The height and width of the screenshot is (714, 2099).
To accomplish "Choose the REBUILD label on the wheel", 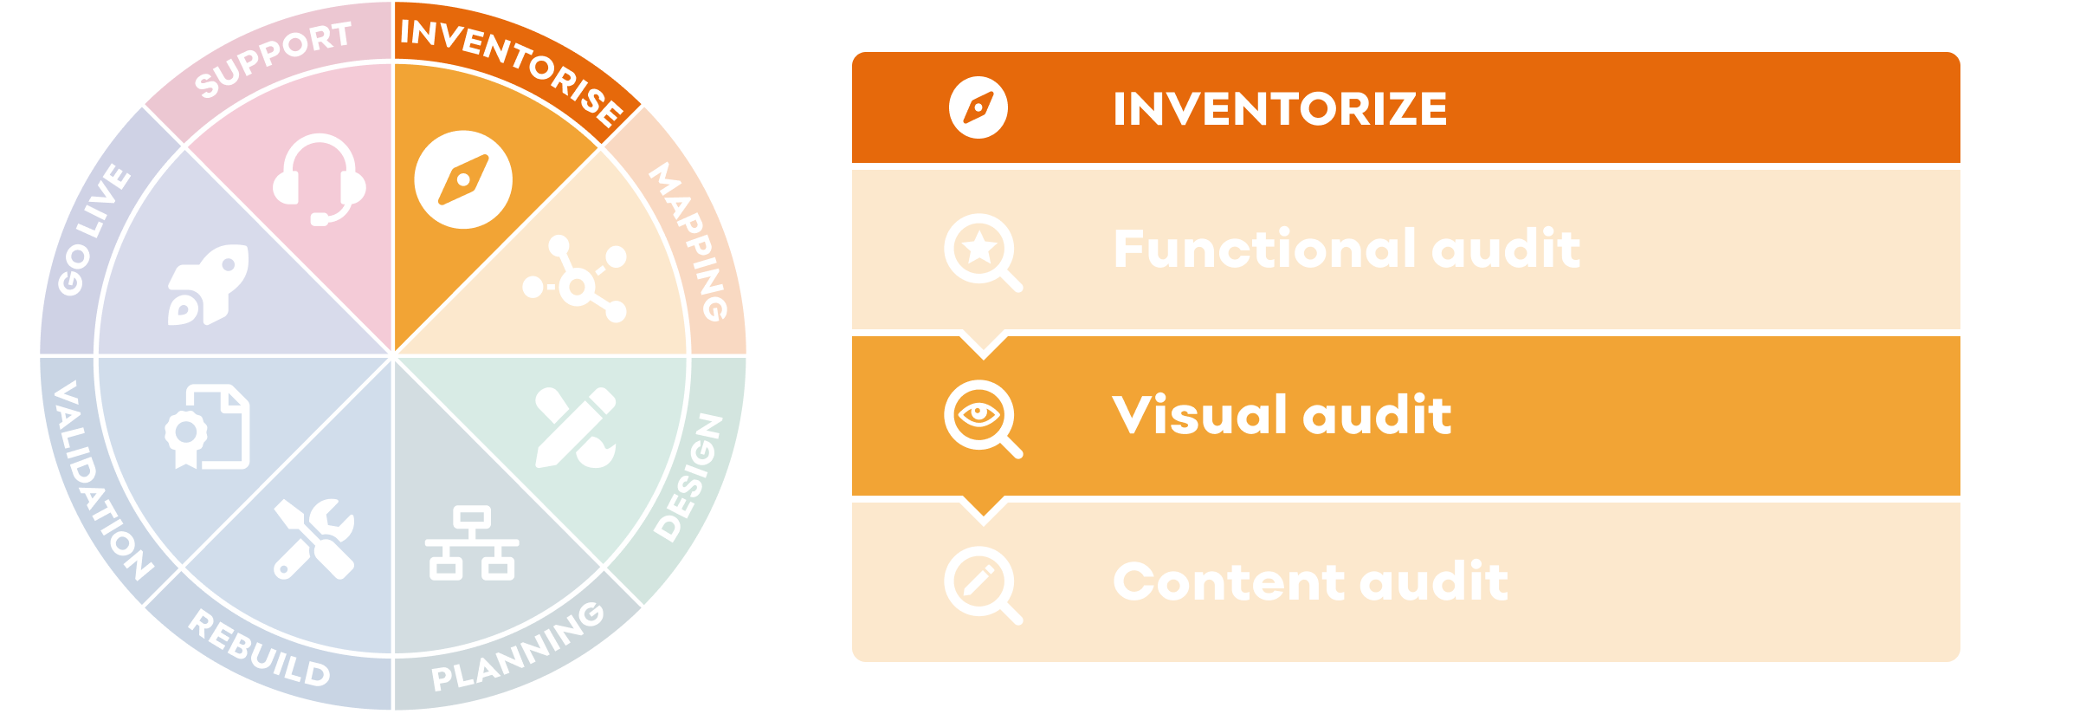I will [259, 649].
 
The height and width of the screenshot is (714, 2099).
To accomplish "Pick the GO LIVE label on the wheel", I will [94, 230].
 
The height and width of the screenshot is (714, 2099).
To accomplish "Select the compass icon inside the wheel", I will [463, 180].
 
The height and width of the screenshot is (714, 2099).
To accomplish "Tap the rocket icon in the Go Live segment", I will [209, 284].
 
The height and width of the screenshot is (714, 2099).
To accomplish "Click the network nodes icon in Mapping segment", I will [576, 279].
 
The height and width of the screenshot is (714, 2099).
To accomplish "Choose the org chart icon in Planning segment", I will [472, 543].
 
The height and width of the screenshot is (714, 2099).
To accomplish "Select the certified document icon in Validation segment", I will [208, 427].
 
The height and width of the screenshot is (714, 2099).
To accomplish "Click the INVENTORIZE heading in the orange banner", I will [1280, 109].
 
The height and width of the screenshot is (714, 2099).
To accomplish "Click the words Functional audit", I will [1347, 250].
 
